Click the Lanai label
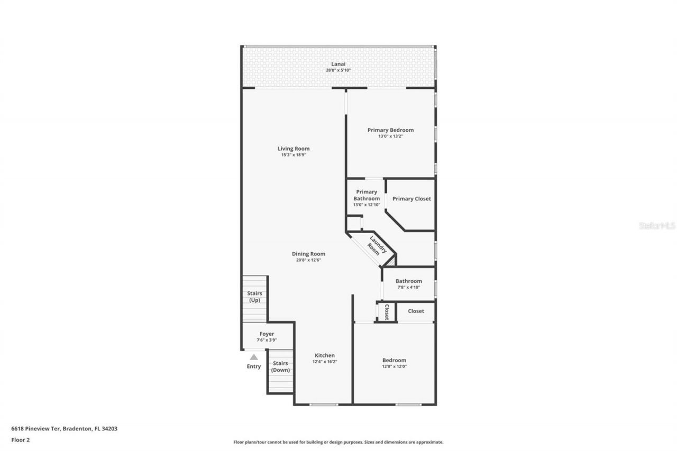pyautogui.click(x=338, y=64)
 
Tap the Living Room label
pyautogui.click(x=294, y=149)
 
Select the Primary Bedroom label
pyautogui.click(x=390, y=130)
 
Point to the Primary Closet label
pyautogui.click(x=411, y=199)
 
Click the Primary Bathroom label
pyautogui.click(x=367, y=195)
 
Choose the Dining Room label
pyautogui.click(x=308, y=254)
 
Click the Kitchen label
pyautogui.click(x=325, y=355)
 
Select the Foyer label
pyautogui.click(x=267, y=334)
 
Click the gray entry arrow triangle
pyautogui.click(x=254, y=357)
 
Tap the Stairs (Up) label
pyautogui.click(x=254, y=297)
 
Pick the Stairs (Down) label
pyautogui.click(x=280, y=366)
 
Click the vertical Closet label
pyautogui.click(x=387, y=312)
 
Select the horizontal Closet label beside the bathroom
pyautogui.click(x=416, y=311)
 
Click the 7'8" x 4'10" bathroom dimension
pyautogui.click(x=408, y=288)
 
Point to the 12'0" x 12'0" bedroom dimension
pyautogui.click(x=394, y=366)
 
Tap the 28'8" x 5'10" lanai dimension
pyautogui.click(x=338, y=70)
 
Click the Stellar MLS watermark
pyautogui.click(x=657, y=226)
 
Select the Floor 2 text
pyautogui.click(x=21, y=439)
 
